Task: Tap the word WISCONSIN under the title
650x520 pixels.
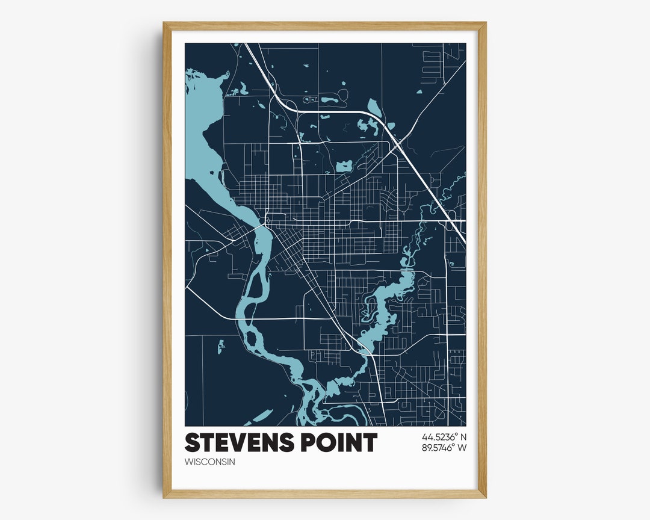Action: pos(209,462)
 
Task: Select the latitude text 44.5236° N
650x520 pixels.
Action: pos(441,436)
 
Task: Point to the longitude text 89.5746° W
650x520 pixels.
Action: pos(441,447)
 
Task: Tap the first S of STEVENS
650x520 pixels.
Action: pos(192,443)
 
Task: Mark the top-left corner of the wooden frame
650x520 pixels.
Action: pos(164,23)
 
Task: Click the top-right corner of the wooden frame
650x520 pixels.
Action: pos(486,23)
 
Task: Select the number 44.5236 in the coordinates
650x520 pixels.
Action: pos(435,436)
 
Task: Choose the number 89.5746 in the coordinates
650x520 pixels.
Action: pos(435,447)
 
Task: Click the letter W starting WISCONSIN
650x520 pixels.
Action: pos(188,462)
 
